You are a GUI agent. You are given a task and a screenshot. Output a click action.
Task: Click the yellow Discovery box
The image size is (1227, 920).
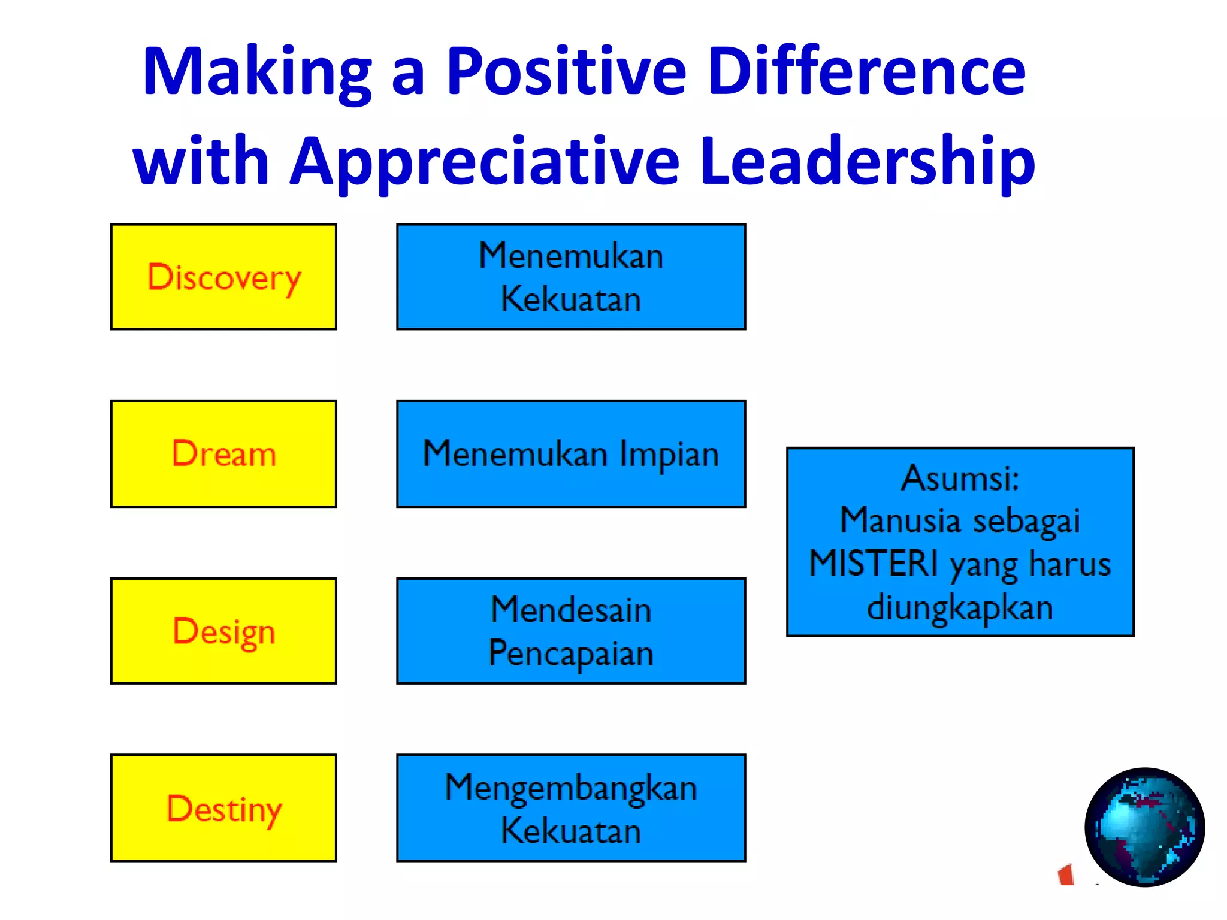[x=223, y=277]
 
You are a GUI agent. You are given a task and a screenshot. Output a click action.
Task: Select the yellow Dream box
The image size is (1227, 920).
[x=223, y=453]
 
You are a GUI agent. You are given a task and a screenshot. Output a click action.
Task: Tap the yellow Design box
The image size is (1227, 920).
[x=223, y=631]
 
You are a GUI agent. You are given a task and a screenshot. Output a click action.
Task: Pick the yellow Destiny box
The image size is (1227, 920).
[x=223, y=808]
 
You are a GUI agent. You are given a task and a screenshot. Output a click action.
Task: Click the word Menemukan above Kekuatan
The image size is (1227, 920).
[x=571, y=256]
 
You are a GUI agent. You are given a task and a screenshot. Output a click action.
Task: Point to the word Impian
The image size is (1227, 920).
[x=669, y=455]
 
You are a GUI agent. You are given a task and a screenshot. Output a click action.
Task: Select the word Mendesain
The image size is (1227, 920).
[x=571, y=610]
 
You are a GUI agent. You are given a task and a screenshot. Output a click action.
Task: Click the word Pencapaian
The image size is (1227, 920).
[x=571, y=653]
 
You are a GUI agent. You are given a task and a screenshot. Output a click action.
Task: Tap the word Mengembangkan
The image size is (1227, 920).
[x=571, y=788]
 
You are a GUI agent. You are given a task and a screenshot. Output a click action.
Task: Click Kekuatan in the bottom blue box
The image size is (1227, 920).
[x=571, y=831]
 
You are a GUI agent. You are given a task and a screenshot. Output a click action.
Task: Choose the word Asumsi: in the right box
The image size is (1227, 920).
[x=960, y=478]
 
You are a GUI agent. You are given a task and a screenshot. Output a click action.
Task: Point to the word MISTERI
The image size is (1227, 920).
[x=874, y=564]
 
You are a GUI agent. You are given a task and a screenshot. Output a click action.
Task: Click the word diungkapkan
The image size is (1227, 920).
[x=960, y=607]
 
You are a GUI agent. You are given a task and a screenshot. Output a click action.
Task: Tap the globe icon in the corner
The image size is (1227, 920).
[x=1144, y=827]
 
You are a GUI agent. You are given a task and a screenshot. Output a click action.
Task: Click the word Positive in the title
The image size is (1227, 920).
[x=566, y=72]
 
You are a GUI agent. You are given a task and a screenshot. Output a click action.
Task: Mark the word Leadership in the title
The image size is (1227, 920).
[x=867, y=161]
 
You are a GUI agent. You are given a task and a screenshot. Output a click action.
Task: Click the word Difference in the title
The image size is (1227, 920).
[x=866, y=72]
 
